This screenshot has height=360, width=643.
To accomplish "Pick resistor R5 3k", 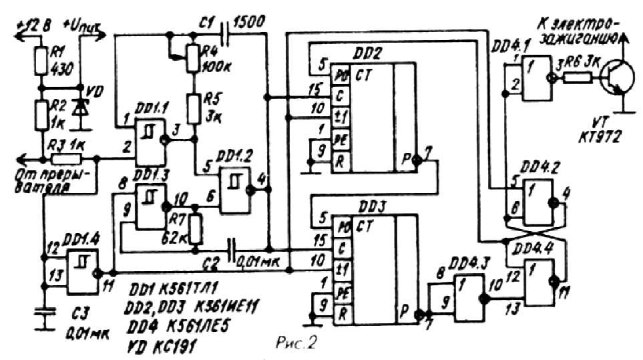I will [x=193, y=108].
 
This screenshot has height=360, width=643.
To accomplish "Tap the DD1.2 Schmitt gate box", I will [x=235, y=190].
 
